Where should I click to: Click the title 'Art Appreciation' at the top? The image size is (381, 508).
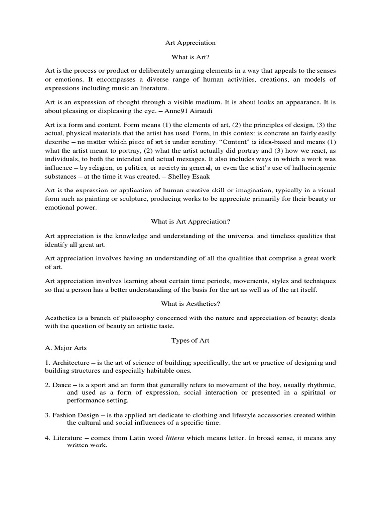click(190, 43)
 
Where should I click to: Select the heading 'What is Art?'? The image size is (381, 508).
click(190, 58)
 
